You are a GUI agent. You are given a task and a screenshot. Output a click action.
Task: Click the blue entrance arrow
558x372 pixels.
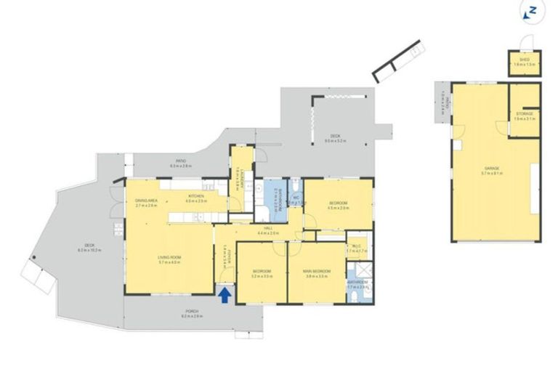tap(225, 294)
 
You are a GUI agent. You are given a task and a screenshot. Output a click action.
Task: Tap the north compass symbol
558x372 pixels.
tap(531, 10)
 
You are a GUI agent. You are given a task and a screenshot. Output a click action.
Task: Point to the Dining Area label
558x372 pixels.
tap(147, 203)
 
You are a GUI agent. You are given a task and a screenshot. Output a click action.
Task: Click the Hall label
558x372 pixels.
tap(269, 230)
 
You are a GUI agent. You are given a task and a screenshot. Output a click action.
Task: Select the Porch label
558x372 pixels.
tap(190, 313)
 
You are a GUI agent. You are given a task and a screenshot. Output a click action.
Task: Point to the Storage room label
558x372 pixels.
tap(525, 116)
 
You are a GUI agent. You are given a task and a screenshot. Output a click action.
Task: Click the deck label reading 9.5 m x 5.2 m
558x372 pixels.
tap(335, 137)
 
